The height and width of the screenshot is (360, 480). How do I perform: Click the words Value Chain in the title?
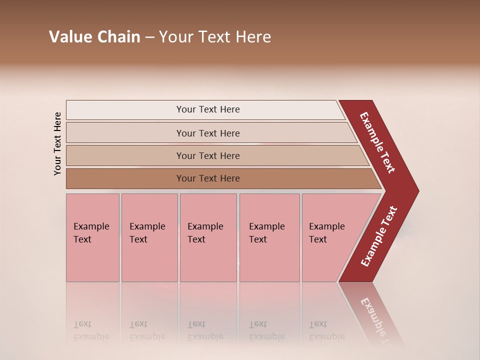pyautogui.click(x=94, y=37)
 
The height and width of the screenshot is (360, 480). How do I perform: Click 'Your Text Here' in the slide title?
pyautogui.click(x=215, y=37)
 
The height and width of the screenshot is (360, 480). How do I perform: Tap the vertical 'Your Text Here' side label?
pyautogui.click(x=57, y=143)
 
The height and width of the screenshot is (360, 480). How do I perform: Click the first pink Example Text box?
pyautogui.click(x=92, y=237)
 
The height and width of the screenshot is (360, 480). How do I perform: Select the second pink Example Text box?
pyautogui.click(x=149, y=237)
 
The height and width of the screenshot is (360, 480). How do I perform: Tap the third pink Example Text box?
pyautogui.click(x=208, y=237)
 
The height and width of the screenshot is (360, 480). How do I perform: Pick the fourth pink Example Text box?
pyautogui.click(x=269, y=237)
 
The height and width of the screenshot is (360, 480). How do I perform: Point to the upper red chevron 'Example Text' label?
pyautogui.click(x=377, y=142)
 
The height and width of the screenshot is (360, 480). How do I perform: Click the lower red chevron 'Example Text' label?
pyautogui.click(x=379, y=236)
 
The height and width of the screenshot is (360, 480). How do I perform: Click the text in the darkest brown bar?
pyautogui.click(x=208, y=178)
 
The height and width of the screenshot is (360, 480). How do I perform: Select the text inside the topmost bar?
pyautogui.click(x=208, y=109)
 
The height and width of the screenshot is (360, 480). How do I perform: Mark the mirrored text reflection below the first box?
pyautogui.click(x=91, y=330)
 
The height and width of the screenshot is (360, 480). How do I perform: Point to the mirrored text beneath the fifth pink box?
pyautogui.click(x=326, y=330)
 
